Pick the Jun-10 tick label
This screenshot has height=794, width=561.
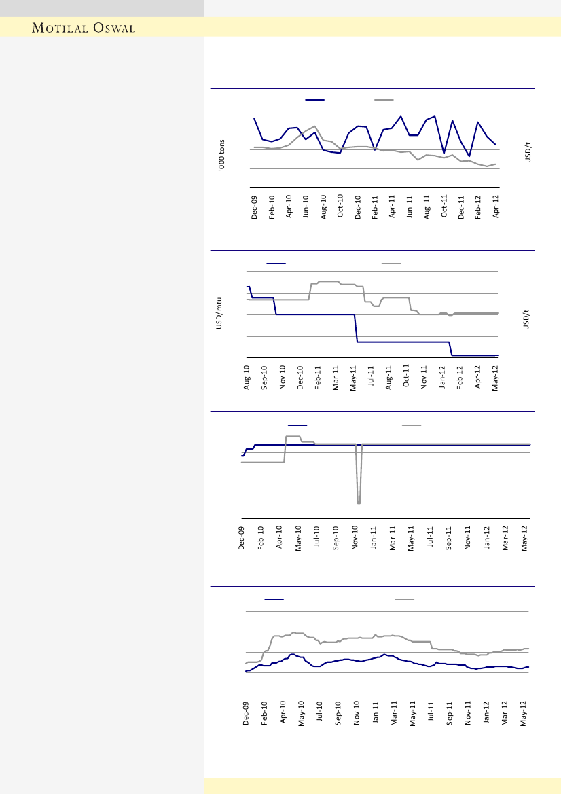click(x=306, y=206)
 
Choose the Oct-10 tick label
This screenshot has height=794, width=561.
click(x=341, y=206)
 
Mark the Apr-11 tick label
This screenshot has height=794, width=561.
click(x=393, y=206)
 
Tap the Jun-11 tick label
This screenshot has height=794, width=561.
click(x=410, y=206)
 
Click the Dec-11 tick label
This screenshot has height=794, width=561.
click(x=461, y=206)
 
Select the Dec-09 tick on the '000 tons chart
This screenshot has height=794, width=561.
click(x=255, y=206)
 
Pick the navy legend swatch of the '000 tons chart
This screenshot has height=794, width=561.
click(x=314, y=100)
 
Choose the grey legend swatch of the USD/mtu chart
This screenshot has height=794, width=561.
click(x=391, y=263)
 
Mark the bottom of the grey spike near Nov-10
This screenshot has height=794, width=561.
click(x=359, y=503)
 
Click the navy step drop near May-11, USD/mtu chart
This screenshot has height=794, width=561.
click(x=356, y=329)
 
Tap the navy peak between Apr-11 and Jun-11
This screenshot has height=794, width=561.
click(x=401, y=116)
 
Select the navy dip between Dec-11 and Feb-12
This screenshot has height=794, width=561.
click(x=469, y=157)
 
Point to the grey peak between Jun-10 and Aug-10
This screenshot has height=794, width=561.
click(x=315, y=126)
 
